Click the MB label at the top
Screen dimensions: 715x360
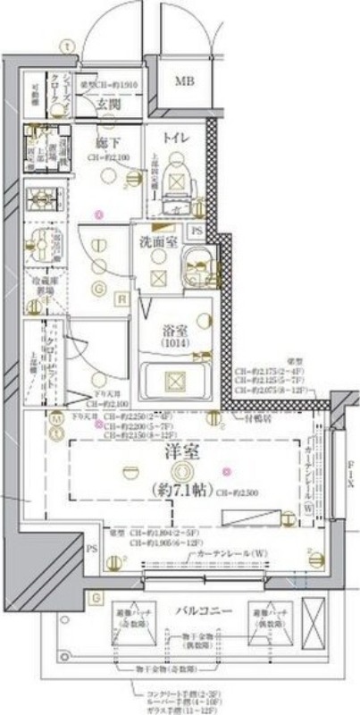(183, 82)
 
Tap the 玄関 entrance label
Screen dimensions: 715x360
(109, 105)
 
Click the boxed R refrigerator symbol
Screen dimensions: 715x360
(121, 299)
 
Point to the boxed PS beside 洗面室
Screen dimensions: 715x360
(197, 231)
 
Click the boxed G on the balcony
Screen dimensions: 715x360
(96, 596)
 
